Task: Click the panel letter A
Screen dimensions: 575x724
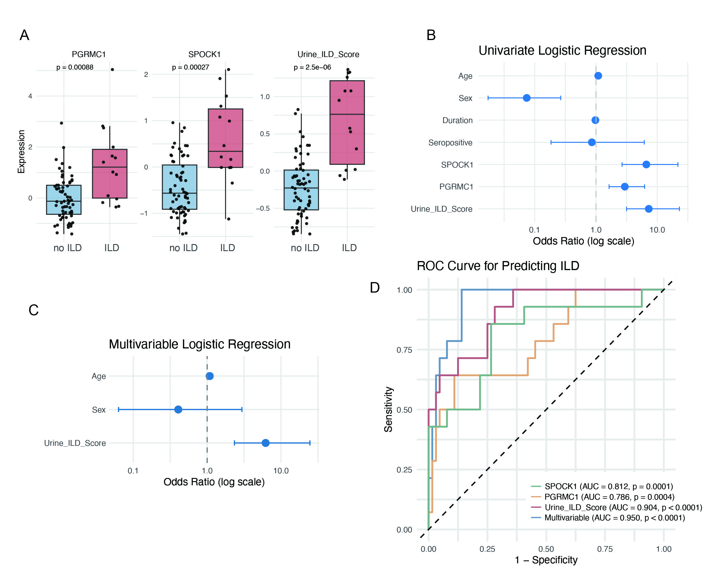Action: pyautogui.click(x=25, y=35)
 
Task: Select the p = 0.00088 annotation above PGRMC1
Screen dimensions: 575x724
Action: pyautogui.click(x=75, y=68)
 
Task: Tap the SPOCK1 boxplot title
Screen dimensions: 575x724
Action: pyautogui.click(x=204, y=54)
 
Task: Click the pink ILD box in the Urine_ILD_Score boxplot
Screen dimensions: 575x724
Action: pyautogui.click(x=347, y=122)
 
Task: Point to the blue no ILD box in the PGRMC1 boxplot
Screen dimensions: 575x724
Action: pyautogui.click(x=64, y=200)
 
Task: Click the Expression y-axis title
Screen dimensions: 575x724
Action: pyautogui.click(x=21, y=152)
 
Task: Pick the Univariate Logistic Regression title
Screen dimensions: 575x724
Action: pyautogui.click(x=562, y=51)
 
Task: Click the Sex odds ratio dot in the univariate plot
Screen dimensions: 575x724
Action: pyautogui.click(x=526, y=98)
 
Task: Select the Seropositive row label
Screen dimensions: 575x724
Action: pyautogui.click(x=450, y=143)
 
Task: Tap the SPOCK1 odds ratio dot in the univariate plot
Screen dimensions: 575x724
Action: pyautogui.click(x=646, y=164)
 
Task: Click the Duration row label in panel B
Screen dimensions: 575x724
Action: pyautogui.click(x=457, y=120)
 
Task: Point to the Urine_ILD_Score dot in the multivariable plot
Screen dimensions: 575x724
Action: pyautogui.click(x=265, y=443)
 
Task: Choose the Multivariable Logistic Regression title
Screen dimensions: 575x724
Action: pyautogui.click(x=200, y=344)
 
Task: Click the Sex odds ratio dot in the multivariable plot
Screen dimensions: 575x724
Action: pyautogui.click(x=178, y=409)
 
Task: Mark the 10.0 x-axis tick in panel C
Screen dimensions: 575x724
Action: pyautogui.click(x=281, y=471)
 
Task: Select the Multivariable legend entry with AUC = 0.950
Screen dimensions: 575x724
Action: pyautogui.click(x=614, y=518)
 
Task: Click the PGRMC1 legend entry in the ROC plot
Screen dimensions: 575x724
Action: pyautogui.click(x=609, y=497)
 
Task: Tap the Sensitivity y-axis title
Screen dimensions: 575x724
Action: pyautogui.click(x=389, y=409)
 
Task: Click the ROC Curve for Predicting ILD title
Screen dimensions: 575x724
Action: pyautogui.click(x=498, y=266)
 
